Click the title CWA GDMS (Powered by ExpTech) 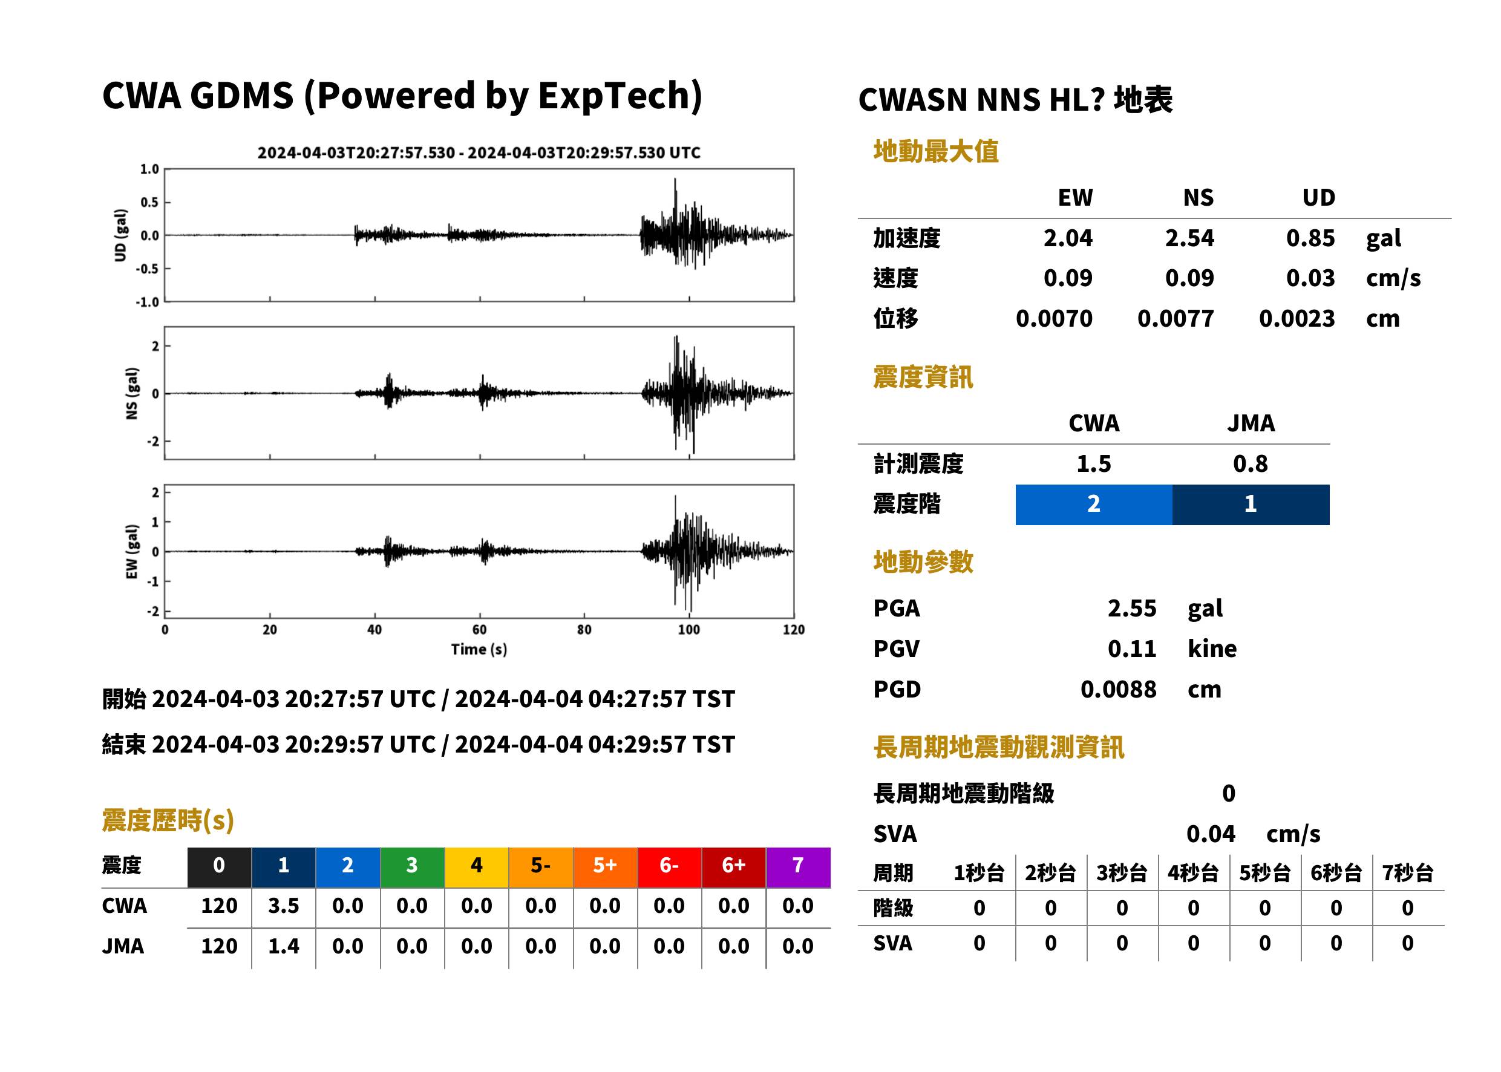pyautogui.click(x=402, y=96)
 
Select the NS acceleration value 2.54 pyautogui.click(x=1189, y=238)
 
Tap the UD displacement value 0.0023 pyautogui.click(x=1297, y=319)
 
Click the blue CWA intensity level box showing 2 pyautogui.click(x=1093, y=505)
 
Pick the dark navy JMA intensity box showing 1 pyautogui.click(x=1250, y=505)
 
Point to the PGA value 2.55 pyautogui.click(x=1131, y=609)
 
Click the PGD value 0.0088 pyautogui.click(x=1118, y=690)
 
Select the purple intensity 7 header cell pyautogui.click(x=798, y=865)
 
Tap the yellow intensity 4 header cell pyautogui.click(x=477, y=865)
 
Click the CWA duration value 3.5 pyautogui.click(x=283, y=906)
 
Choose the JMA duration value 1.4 pyautogui.click(x=283, y=947)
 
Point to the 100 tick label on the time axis pyautogui.click(x=688, y=630)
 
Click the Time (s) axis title pyautogui.click(x=479, y=650)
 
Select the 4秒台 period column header pyautogui.click(x=1192, y=874)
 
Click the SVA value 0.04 pyautogui.click(x=1211, y=834)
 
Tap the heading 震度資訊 pyautogui.click(x=923, y=377)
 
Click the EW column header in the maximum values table pyautogui.click(x=1075, y=198)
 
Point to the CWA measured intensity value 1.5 pyautogui.click(x=1094, y=464)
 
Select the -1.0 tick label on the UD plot pyautogui.click(x=148, y=302)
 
